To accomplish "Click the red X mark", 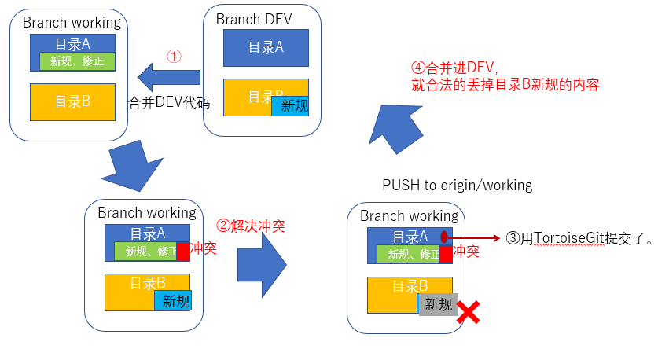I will coord(469,314).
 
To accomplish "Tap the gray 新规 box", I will coord(439,305).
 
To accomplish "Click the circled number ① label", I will coord(175,57).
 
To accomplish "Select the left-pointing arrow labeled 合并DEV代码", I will coord(168,77).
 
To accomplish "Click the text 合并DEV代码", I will coord(168,101).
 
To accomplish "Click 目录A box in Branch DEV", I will coord(266,48).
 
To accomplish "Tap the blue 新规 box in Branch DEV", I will coord(290,105).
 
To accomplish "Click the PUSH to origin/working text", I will coord(457,186).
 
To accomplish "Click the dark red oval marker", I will coord(444,237).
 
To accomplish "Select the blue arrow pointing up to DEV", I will coord(397,126).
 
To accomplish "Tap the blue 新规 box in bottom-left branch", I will coord(173,301).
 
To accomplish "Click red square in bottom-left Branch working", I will coord(183,252).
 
